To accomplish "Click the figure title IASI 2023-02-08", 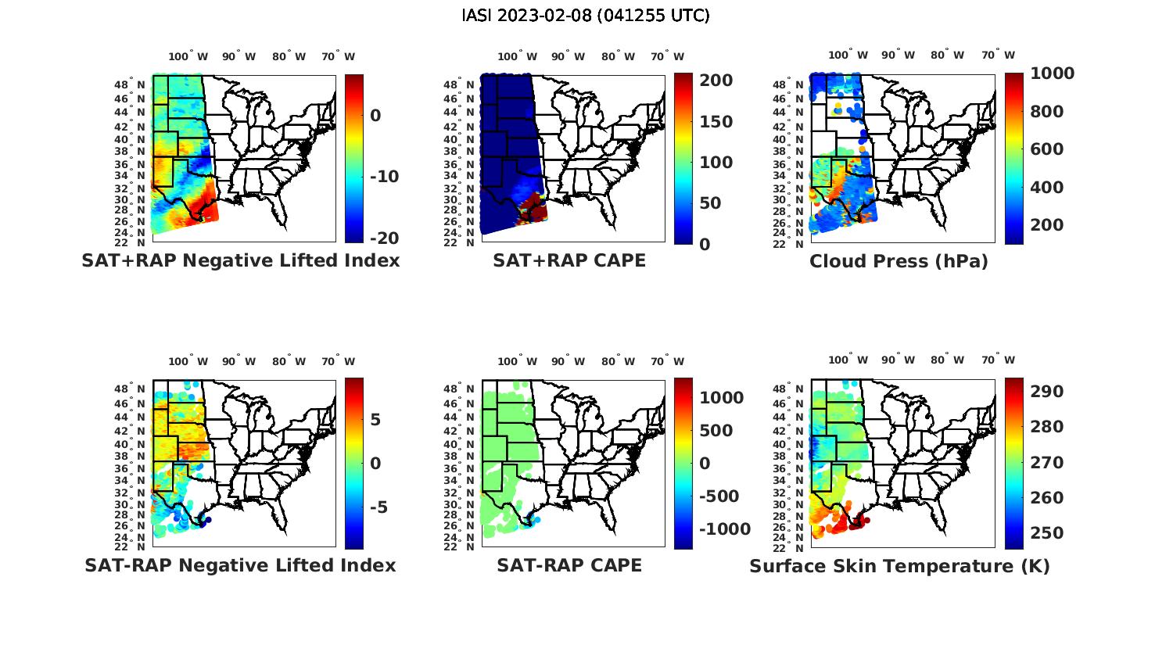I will pyautogui.click(x=586, y=16).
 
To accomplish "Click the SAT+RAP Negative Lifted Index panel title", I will pyautogui.click(x=241, y=260).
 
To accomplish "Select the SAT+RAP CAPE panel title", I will pyautogui.click(x=569, y=260).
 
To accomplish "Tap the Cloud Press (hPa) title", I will pyautogui.click(x=899, y=261).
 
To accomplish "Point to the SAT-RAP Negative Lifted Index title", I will pyautogui.click(x=241, y=565).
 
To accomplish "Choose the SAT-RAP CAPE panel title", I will pyautogui.click(x=569, y=565).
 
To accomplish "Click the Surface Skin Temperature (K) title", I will pyautogui.click(x=899, y=566).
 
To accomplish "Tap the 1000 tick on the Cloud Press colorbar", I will pyautogui.click(x=1052, y=73).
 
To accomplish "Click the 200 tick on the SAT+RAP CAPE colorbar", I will pyautogui.click(x=716, y=81).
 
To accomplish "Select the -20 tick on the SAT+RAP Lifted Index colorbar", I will pyautogui.click(x=384, y=238).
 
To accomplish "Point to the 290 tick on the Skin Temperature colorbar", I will pyautogui.click(x=1046, y=391).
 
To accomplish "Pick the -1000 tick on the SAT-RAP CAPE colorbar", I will pyautogui.click(x=724, y=529).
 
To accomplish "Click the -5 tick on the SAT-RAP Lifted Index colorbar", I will pyautogui.click(x=378, y=507).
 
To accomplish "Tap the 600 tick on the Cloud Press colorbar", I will pyautogui.click(x=1046, y=149).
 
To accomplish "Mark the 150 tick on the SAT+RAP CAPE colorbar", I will pyautogui.click(x=716, y=122).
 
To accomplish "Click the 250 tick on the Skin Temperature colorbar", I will pyautogui.click(x=1046, y=533).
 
